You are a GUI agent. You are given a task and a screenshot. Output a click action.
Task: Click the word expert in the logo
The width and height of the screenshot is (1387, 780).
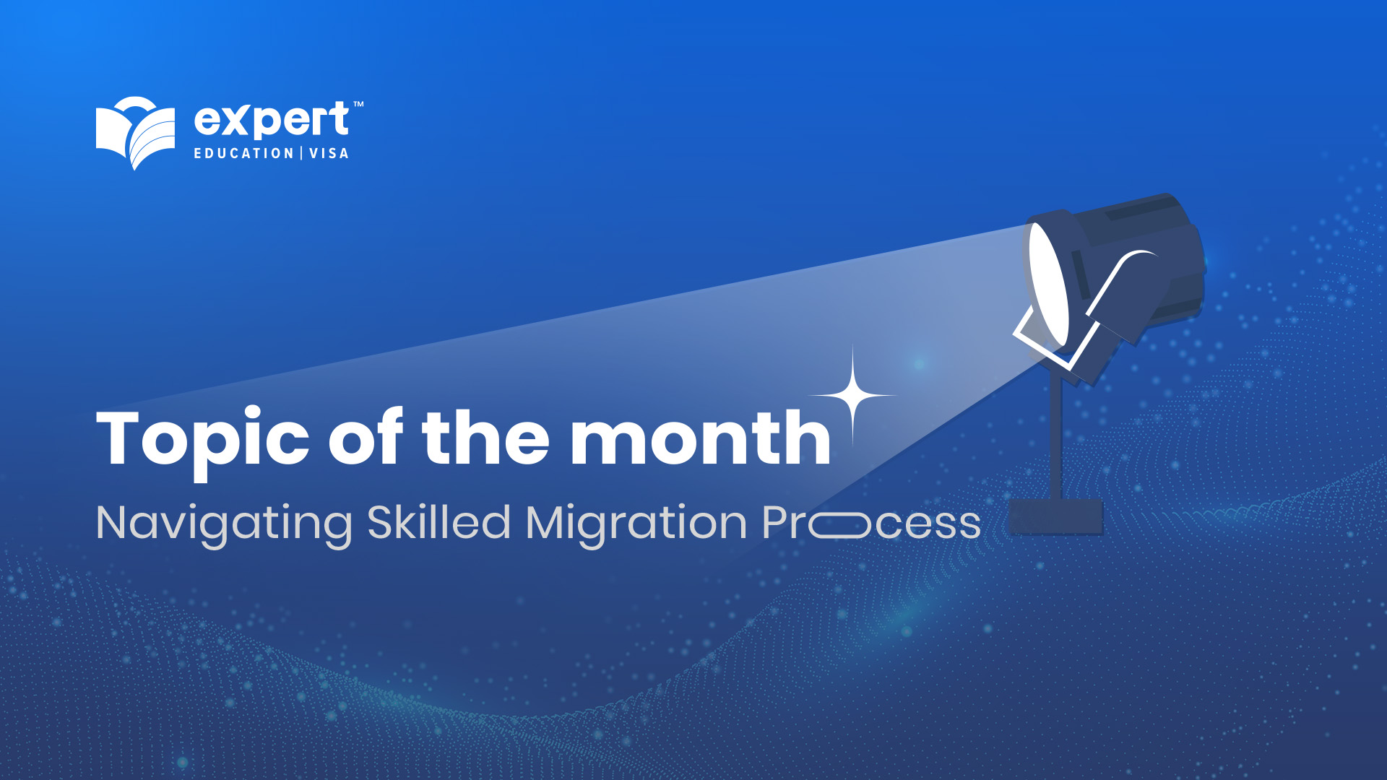click(272, 121)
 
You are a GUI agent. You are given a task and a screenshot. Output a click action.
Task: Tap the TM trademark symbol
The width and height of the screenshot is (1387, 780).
click(358, 105)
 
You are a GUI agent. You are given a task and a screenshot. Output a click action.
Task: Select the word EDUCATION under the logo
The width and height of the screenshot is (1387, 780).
click(243, 153)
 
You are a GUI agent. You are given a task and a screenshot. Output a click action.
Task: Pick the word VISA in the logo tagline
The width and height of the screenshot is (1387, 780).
click(329, 153)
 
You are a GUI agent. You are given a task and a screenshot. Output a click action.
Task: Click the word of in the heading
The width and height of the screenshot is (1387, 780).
click(366, 437)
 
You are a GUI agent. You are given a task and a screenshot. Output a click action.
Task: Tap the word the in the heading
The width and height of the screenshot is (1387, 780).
click(485, 437)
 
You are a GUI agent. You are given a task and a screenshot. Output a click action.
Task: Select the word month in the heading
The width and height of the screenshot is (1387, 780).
click(700, 437)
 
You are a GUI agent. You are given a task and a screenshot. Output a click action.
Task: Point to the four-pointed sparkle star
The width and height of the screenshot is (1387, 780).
click(853, 396)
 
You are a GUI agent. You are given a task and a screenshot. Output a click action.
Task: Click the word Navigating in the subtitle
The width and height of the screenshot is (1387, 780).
click(224, 524)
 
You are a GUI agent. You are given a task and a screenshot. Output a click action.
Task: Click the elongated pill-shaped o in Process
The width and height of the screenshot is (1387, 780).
click(839, 525)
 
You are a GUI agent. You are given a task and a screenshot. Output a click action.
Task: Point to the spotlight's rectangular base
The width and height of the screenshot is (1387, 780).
click(1055, 516)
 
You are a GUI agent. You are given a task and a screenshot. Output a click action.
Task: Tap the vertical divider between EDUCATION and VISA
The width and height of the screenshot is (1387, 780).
click(302, 153)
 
